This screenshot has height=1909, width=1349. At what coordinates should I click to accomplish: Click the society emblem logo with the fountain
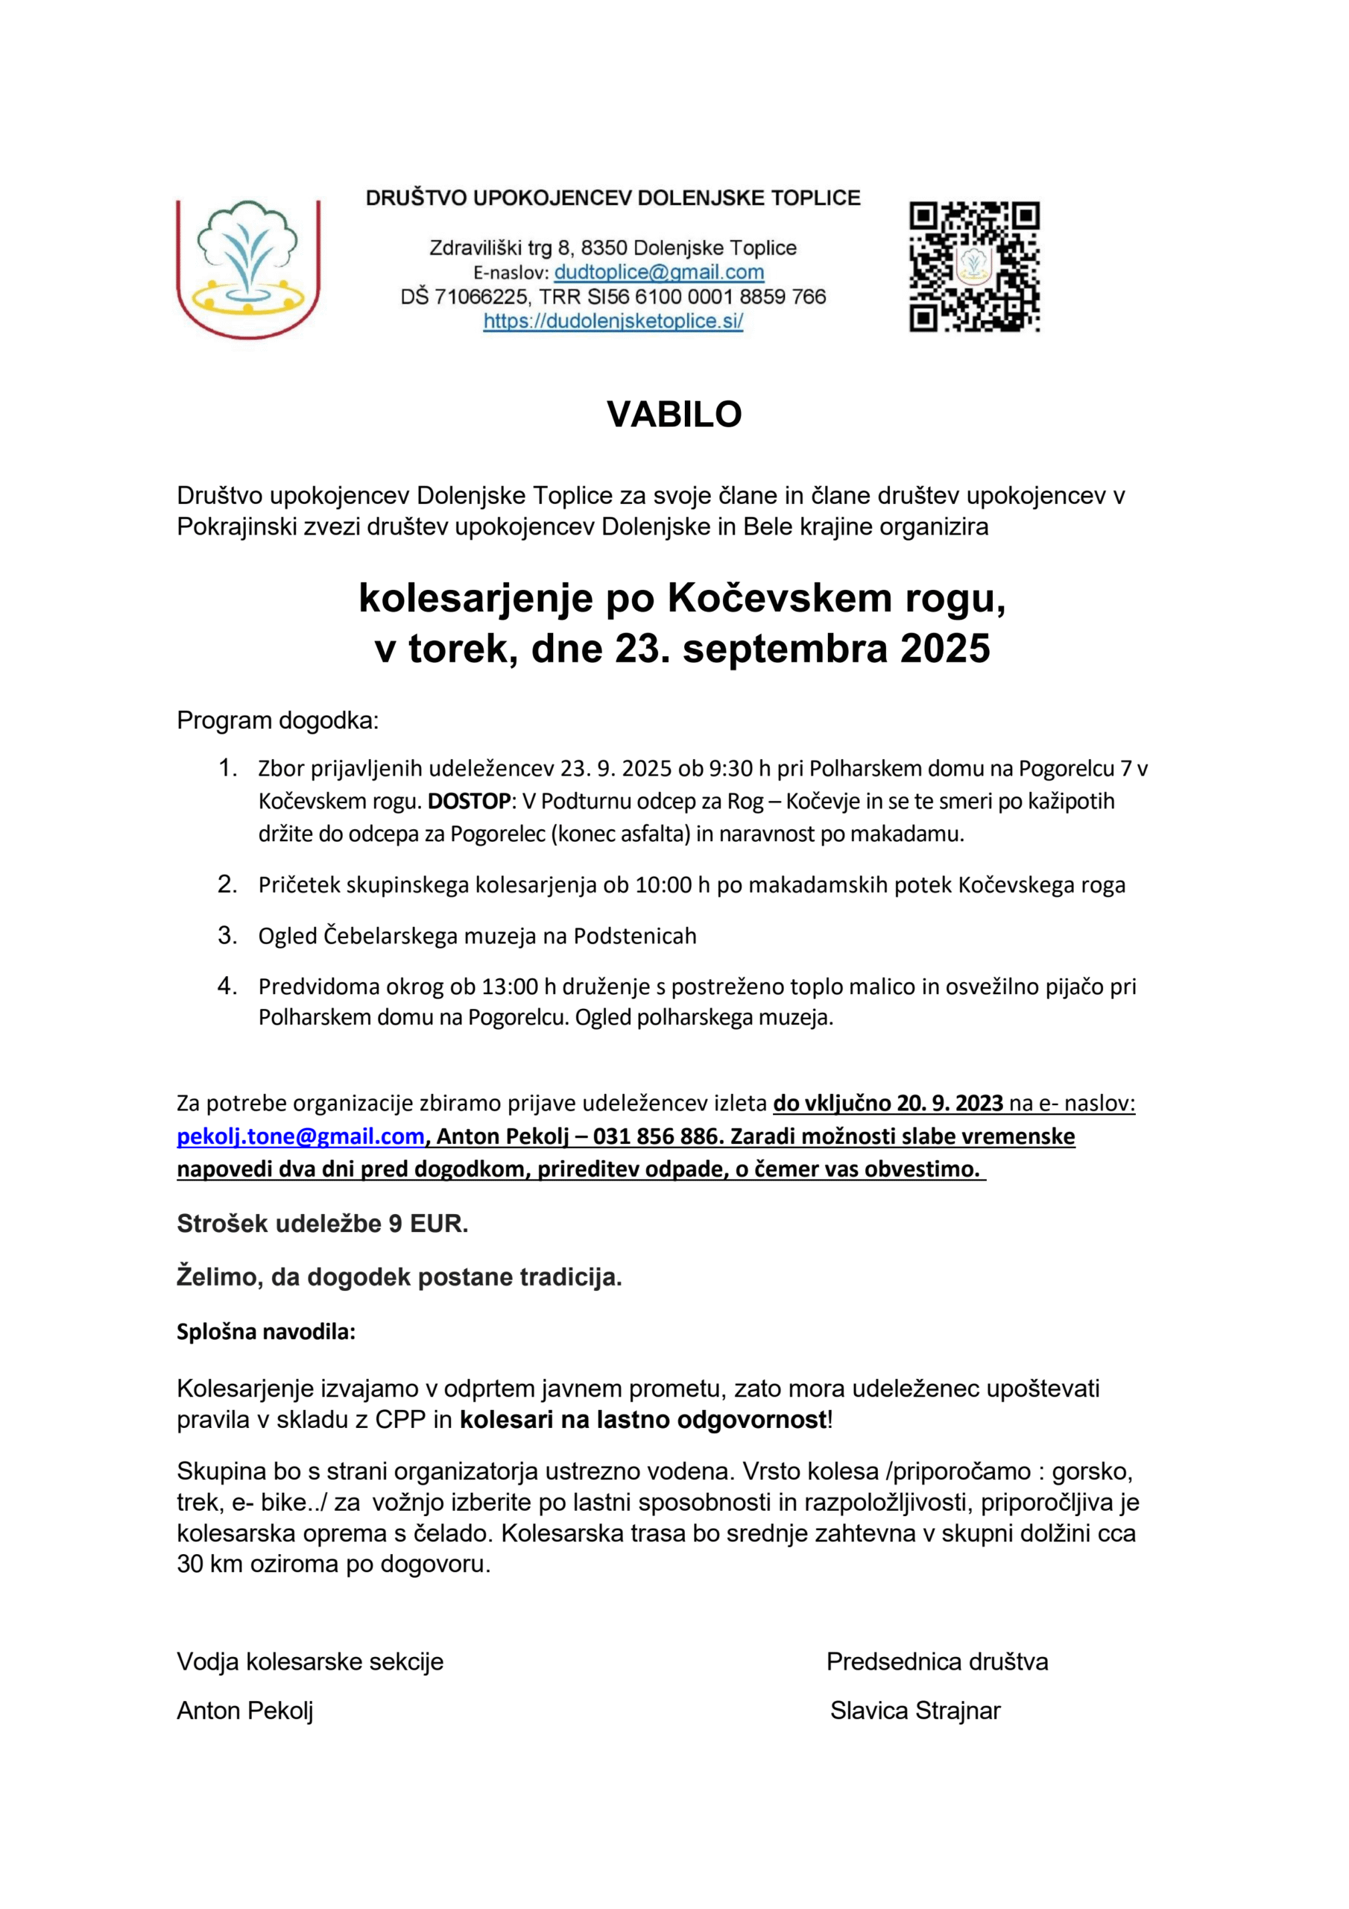(247, 268)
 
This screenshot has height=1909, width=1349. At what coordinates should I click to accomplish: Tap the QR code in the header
(973, 266)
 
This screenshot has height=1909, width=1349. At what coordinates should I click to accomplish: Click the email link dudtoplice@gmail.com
(658, 272)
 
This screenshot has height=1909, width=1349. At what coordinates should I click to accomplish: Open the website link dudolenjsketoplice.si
(613, 321)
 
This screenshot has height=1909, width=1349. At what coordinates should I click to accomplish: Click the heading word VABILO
(674, 414)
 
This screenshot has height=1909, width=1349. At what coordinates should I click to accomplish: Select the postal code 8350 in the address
(605, 248)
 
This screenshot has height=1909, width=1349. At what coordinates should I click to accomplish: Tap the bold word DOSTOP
(469, 801)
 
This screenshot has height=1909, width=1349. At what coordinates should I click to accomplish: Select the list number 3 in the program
(226, 935)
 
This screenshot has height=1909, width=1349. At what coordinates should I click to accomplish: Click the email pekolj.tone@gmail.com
(300, 1136)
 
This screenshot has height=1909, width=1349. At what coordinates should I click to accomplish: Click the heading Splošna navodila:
(266, 1332)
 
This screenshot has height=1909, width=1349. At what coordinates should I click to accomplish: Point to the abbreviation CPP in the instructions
(401, 1419)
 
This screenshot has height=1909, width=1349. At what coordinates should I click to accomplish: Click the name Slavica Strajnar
(914, 1711)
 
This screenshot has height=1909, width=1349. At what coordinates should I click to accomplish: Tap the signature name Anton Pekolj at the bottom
(244, 1711)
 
